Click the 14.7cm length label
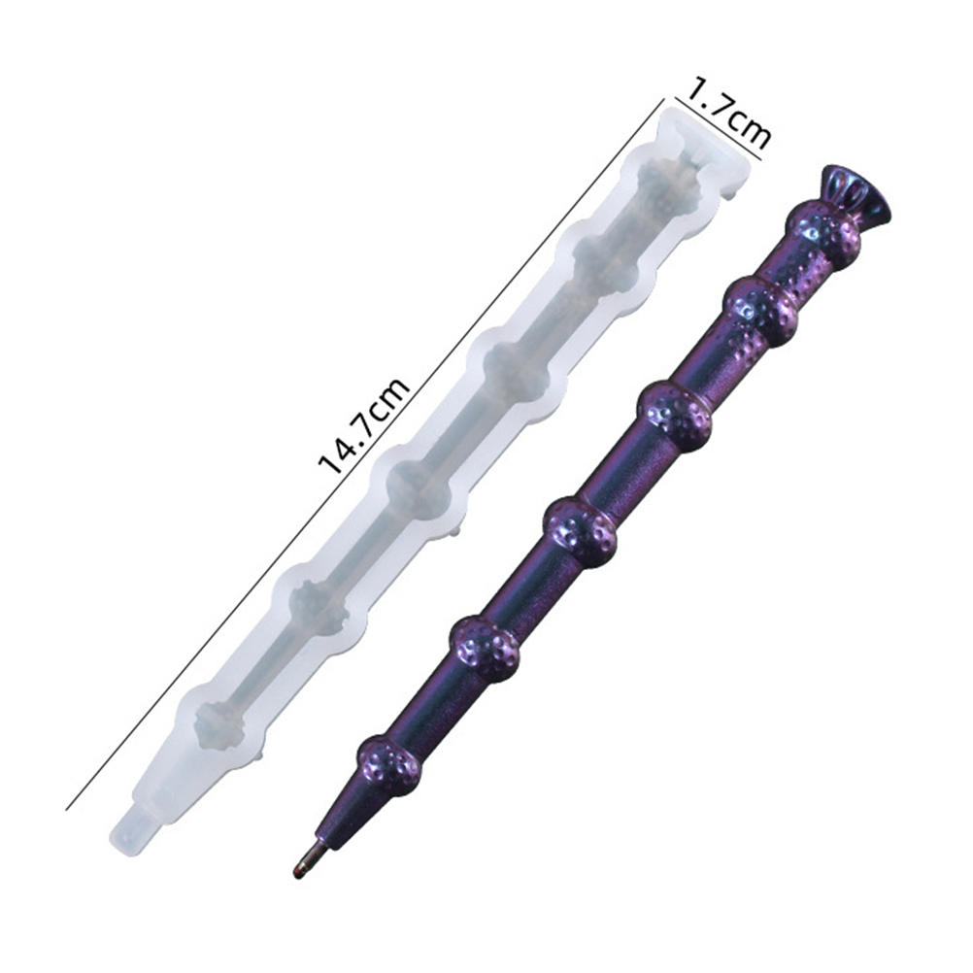[x=364, y=425]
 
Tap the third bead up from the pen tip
[x=581, y=529]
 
